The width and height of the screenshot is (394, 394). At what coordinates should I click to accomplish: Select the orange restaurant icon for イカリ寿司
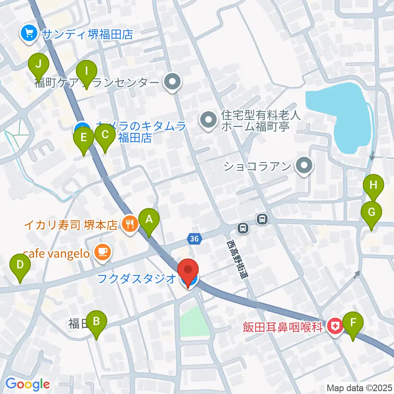click(x=129, y=224)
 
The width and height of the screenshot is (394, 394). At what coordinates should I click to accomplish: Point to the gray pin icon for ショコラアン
click(x=304, y=166)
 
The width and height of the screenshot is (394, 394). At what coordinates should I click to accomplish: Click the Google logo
click(x=27, y=384)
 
